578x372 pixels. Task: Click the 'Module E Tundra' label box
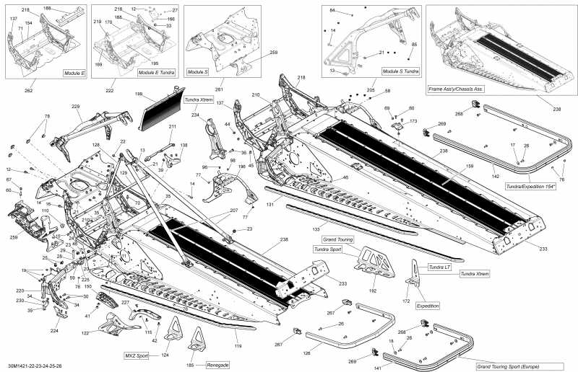click(157, 73)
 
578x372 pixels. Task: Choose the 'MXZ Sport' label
click(137, 355)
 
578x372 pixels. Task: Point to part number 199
click(138, 94)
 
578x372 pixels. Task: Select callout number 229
click(75, 107)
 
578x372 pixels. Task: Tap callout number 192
click(373, 291)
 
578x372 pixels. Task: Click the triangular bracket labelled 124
click(174, 332)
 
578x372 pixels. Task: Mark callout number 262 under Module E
click(28, 90)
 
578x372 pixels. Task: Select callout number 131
click(270, 204)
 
